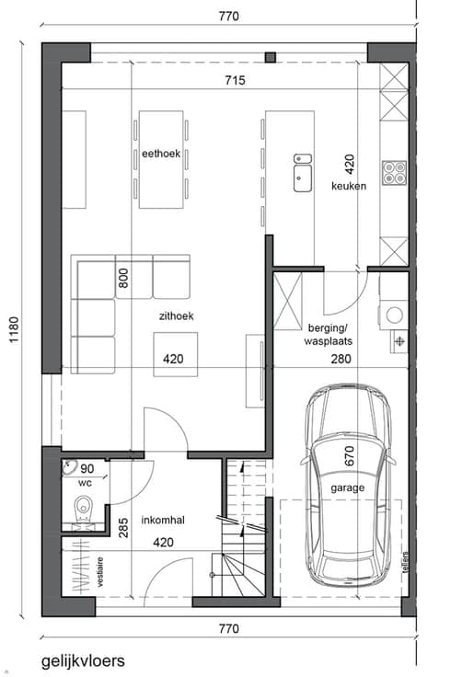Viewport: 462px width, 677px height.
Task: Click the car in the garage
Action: coord(348,485)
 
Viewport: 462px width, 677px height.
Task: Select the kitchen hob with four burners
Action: coord(395,173)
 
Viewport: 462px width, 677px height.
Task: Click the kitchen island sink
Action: coord(303,173)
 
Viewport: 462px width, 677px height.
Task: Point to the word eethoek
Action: coord(161,154)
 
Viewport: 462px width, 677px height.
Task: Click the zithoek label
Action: coord(177,316)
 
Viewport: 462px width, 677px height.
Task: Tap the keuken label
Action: coord(349,186)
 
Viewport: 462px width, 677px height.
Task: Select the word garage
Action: coord(348,488)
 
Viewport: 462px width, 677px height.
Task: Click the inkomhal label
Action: coord(163,521)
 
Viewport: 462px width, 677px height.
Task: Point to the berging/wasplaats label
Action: coord(329,335)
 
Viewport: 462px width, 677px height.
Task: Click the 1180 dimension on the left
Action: coord(14,330)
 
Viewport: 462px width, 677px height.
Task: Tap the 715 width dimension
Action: coord(235,80)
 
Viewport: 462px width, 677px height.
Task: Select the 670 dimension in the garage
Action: coord(349,456)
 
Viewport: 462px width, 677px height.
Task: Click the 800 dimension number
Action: coord(123,278)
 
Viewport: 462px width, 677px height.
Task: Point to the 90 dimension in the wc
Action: coord(87,469)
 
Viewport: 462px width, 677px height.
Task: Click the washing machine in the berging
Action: coord(394,315)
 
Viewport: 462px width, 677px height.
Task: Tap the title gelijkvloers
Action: coord(83,661)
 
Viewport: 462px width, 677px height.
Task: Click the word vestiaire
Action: coord(100,572)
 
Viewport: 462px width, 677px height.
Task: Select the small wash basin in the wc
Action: coord(69,467)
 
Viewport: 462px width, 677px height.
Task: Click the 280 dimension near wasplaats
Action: coord(341,359)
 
